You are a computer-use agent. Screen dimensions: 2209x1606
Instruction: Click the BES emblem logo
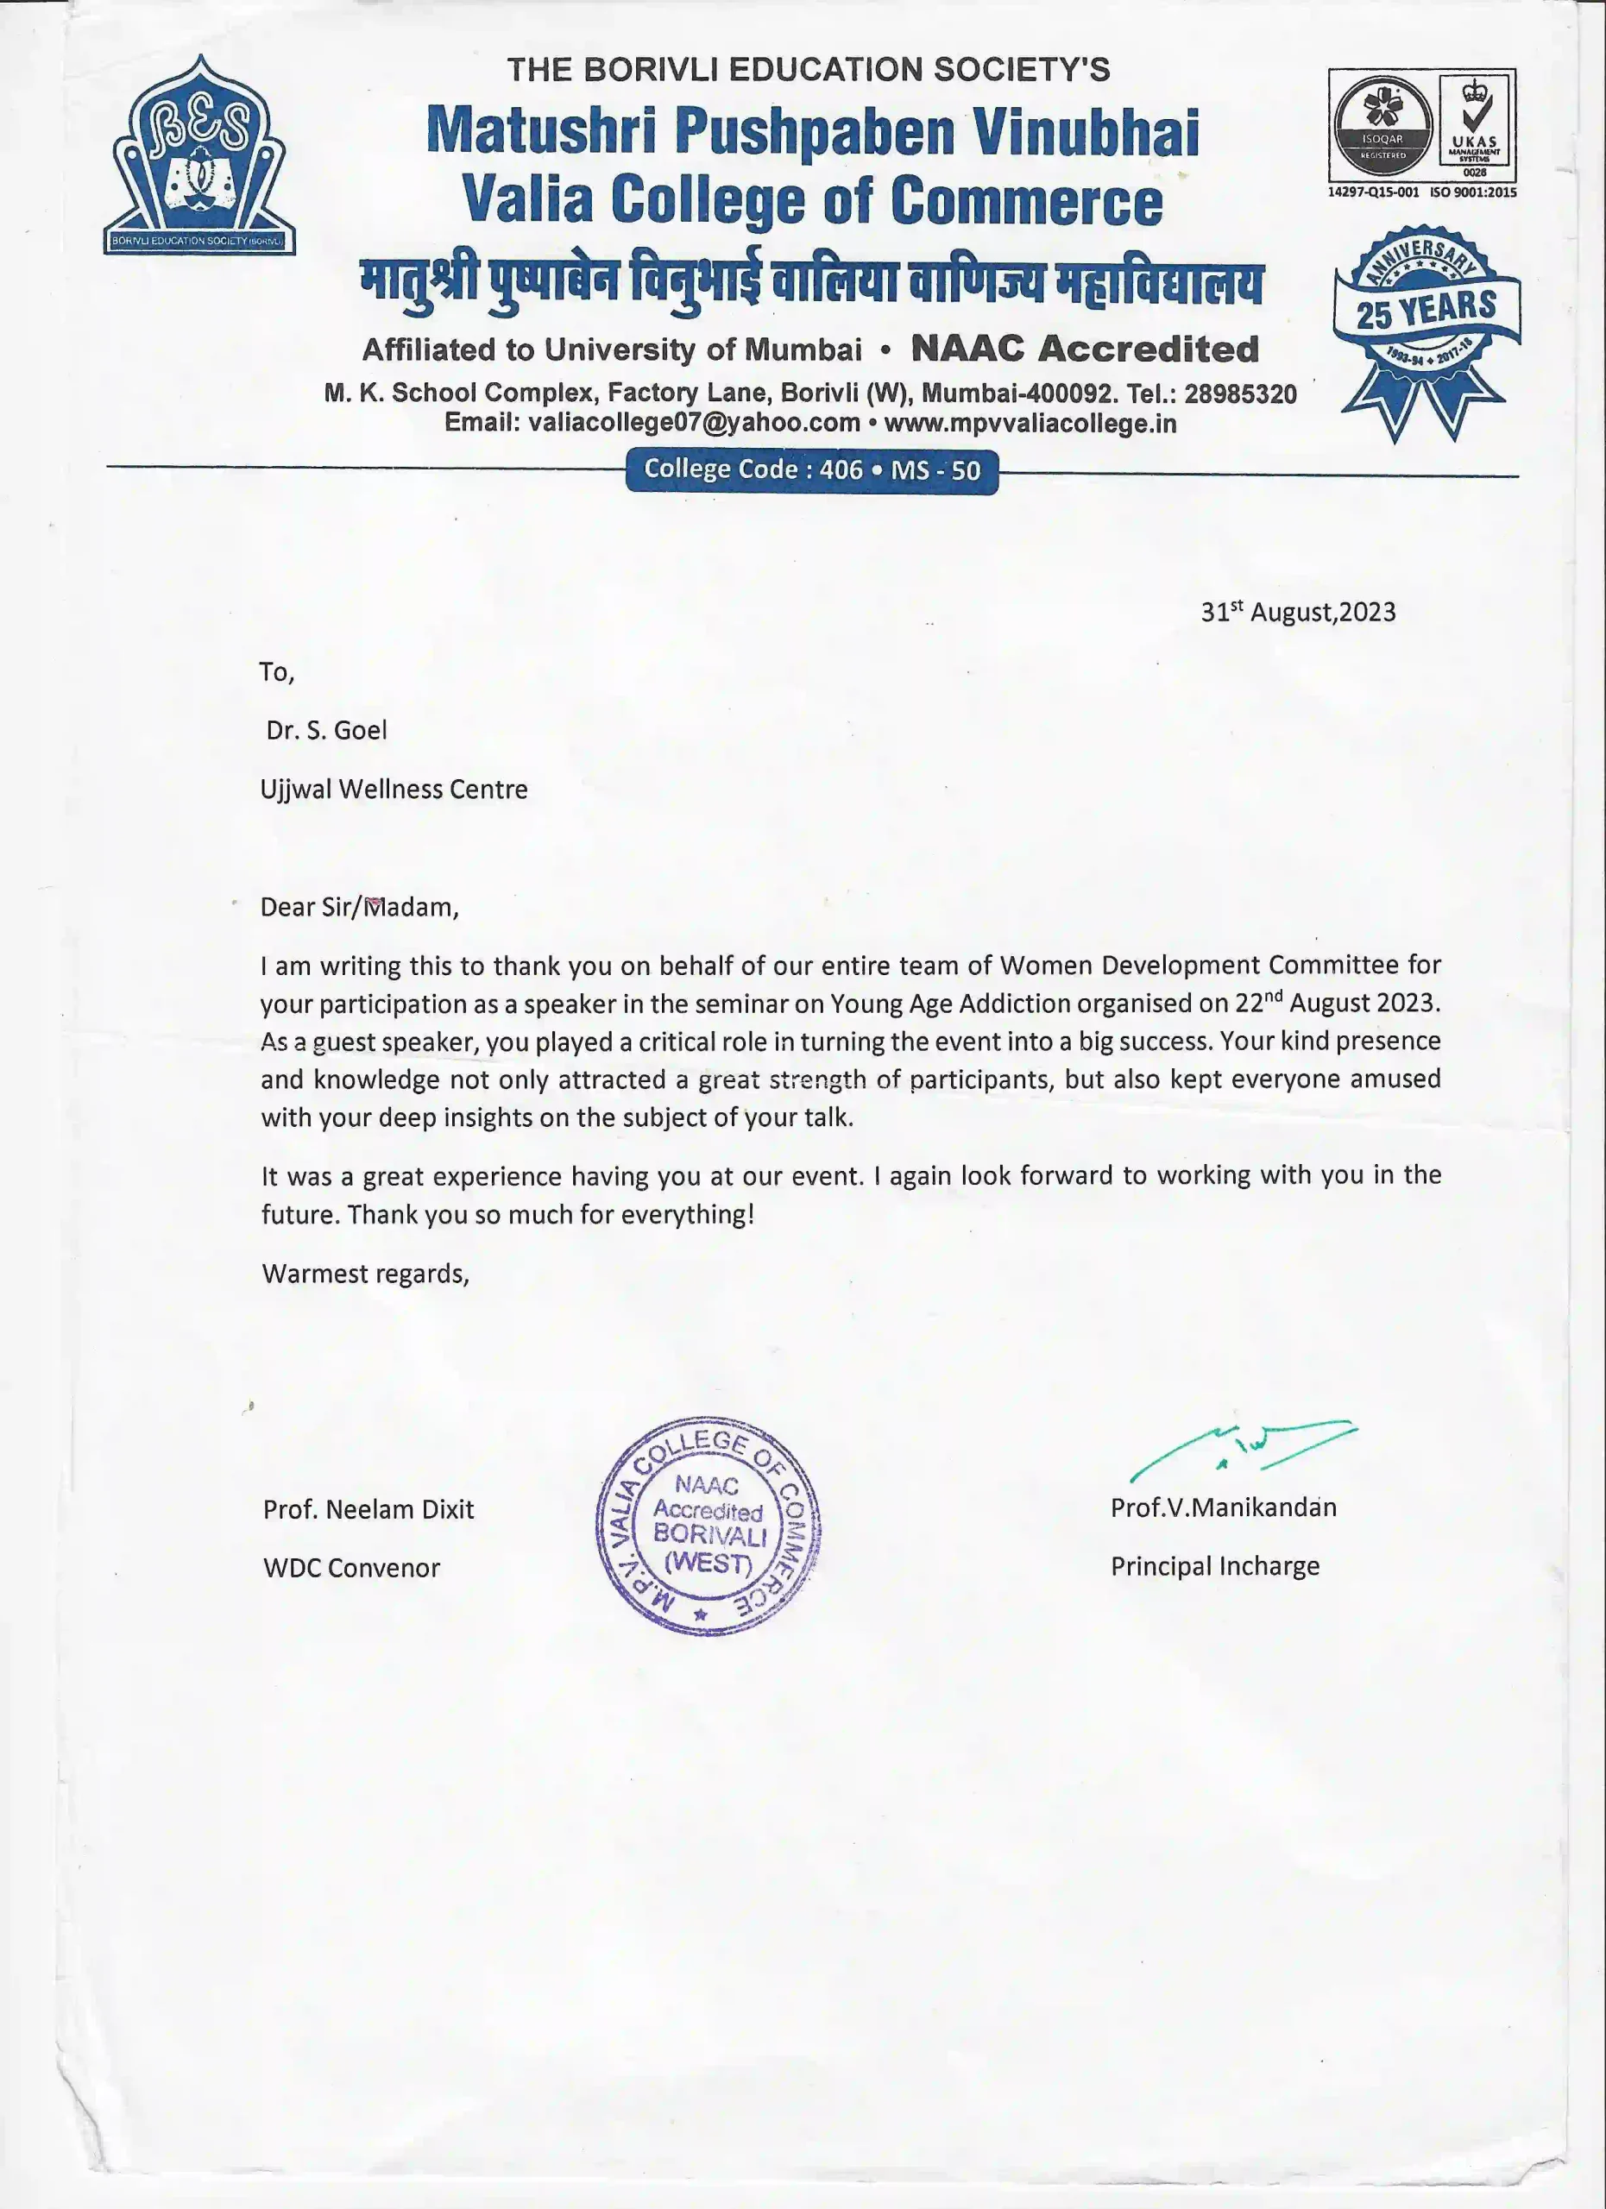tap(199, 156)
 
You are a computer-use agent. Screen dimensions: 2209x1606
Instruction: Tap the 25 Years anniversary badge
tap(1427, 331)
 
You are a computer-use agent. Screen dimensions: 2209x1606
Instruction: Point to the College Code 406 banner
tap(811, 470)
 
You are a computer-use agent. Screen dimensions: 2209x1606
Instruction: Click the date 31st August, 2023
tap(1297, 612)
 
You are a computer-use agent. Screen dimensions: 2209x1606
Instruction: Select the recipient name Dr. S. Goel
tap(326, 731)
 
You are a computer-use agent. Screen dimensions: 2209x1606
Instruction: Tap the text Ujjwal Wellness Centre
tap(394, 789)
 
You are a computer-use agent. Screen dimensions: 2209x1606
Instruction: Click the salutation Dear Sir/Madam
tap(358, 907)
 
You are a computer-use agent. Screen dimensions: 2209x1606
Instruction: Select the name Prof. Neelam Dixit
tap(368, 1510)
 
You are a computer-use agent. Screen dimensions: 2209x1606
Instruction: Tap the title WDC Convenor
tap(351, 1568)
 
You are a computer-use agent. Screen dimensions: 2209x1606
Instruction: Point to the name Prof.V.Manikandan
tap(1223, 1507)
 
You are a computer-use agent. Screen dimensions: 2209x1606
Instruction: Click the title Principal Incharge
tap(1214, 1566)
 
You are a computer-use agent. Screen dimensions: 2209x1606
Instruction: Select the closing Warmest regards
tap(365, 1274)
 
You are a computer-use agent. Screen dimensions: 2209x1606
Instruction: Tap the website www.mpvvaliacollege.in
tap(1030, 423)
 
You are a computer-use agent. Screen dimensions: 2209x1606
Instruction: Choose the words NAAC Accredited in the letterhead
tap(1085, 349)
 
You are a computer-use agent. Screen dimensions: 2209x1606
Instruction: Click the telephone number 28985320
tap(1240, 393)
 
